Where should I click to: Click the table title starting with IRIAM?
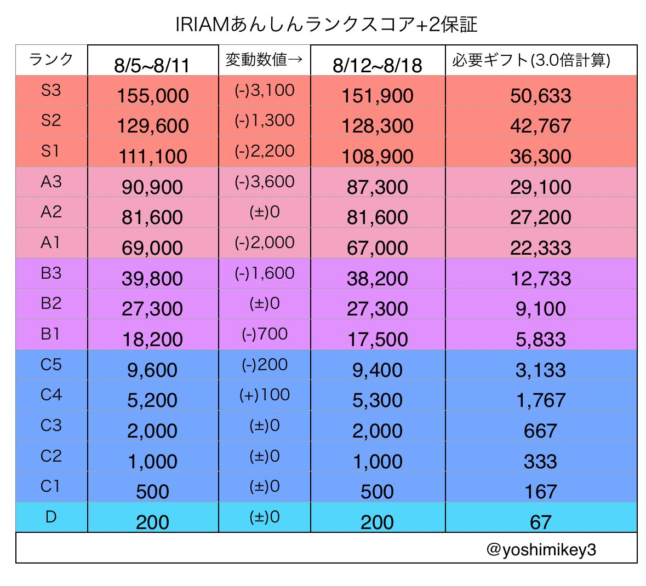click(326, 25)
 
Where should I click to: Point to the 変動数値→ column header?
click(264, 59)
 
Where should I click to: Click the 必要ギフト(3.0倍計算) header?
click(531, 60)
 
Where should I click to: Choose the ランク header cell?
click(51, 59)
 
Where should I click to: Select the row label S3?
click(51, 90)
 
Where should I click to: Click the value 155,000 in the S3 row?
click(152, 96)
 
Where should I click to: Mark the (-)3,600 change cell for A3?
click(264, 181)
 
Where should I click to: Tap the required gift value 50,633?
click(540, 96)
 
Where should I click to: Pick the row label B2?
click(51, 303)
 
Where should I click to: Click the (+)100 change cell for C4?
click(264, 394)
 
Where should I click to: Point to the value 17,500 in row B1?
click(377, 340)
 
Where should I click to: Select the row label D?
click(51, 516)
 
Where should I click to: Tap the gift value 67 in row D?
click(540, 522)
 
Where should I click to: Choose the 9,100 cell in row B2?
click(540, 309)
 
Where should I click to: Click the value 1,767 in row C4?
click(540, 400)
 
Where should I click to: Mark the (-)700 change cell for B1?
click(264, 334)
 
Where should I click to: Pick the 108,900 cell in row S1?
click(377, 157)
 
